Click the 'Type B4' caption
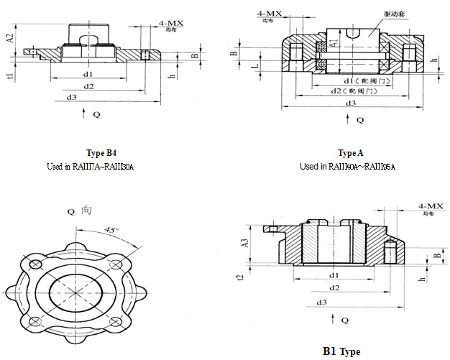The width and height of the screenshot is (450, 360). point(101,153)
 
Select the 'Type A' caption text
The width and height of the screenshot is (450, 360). point(350,153)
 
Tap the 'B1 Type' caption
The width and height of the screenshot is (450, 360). point(341,351)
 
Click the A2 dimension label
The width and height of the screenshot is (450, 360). point(10,37)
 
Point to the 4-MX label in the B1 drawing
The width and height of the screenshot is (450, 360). point(430,206)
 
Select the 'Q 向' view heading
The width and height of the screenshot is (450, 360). point(80,211)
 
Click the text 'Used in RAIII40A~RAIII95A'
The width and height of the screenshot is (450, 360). point(348,166)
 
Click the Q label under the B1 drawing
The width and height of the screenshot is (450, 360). point(345,319)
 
